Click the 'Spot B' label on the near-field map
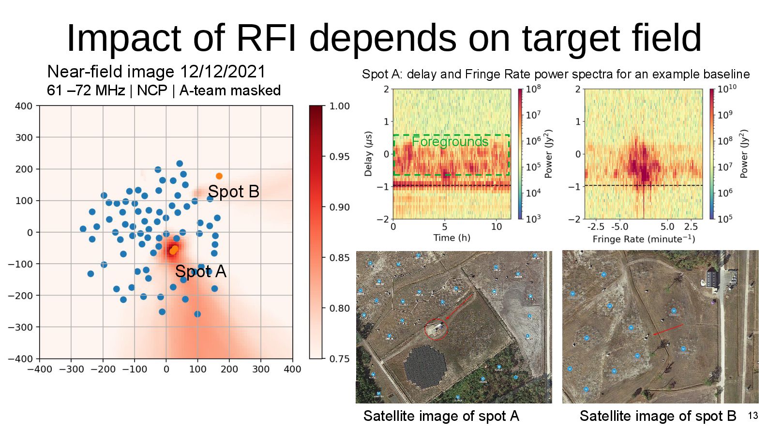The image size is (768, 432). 233,192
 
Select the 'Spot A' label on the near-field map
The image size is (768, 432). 200,271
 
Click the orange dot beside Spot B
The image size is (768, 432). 219,176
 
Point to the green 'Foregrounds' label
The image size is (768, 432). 450,142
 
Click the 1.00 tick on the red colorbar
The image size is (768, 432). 339,106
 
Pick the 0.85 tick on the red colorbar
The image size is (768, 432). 339,258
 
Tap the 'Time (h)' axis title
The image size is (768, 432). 452,238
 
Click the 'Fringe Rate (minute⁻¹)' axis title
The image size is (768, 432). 644,239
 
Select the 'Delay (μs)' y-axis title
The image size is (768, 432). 368,154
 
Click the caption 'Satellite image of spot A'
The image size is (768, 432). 441,416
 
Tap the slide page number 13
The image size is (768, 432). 753,416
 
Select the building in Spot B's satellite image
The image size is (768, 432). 712,278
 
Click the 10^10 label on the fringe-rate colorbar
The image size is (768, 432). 726,89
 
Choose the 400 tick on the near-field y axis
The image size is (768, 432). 24,106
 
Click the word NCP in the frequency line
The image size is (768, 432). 152,90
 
